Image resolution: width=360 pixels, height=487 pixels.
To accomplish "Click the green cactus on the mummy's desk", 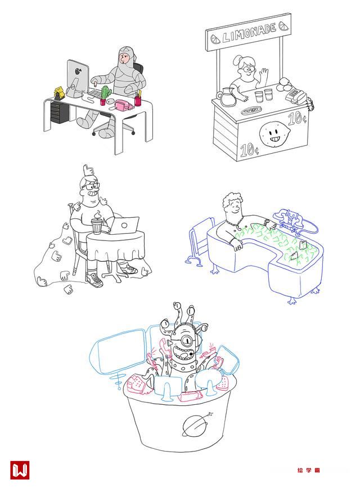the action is pyautogui.click(x=106, y=92).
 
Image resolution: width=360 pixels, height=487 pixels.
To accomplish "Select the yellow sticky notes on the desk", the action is pyautogui.click(x=60, y=92).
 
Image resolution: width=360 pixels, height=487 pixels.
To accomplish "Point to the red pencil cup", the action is pyautogui.click(x=137, y=101).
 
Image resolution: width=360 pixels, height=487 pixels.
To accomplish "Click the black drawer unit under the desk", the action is pyautogui.click(x=59, y=113).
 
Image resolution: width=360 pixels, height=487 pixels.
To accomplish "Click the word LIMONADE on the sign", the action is pyautogui.click(x=249, y=33).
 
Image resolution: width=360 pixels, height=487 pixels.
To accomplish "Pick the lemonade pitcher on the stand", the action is pyautogui.click(x=227, y=96).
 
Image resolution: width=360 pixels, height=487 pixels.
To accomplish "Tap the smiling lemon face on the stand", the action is pyautogui.click(x=274, y=134).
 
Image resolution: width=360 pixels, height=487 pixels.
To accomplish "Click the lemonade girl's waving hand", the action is pyautogui.click(x=264, y=74).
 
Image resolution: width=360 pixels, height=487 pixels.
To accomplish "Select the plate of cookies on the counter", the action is pyautogui.click(x=251, y=110).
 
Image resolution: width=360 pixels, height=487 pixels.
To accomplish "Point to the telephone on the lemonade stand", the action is pyautogui.click(x=296, y=95).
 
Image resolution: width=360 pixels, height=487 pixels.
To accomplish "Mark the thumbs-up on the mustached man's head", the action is pyautogui.click(x=88, y=170).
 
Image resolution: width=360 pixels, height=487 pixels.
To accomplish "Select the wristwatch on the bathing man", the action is pyautogui.click(x=266, y=222).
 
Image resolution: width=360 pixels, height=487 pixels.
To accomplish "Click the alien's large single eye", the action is pyautogui.click(x=187, y=341).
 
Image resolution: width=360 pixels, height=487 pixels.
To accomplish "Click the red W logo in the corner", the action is pyautogui.click(x=20, y=470).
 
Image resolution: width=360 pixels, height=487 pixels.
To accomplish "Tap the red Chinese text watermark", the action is pyautogui.click(x=308, y=470).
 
